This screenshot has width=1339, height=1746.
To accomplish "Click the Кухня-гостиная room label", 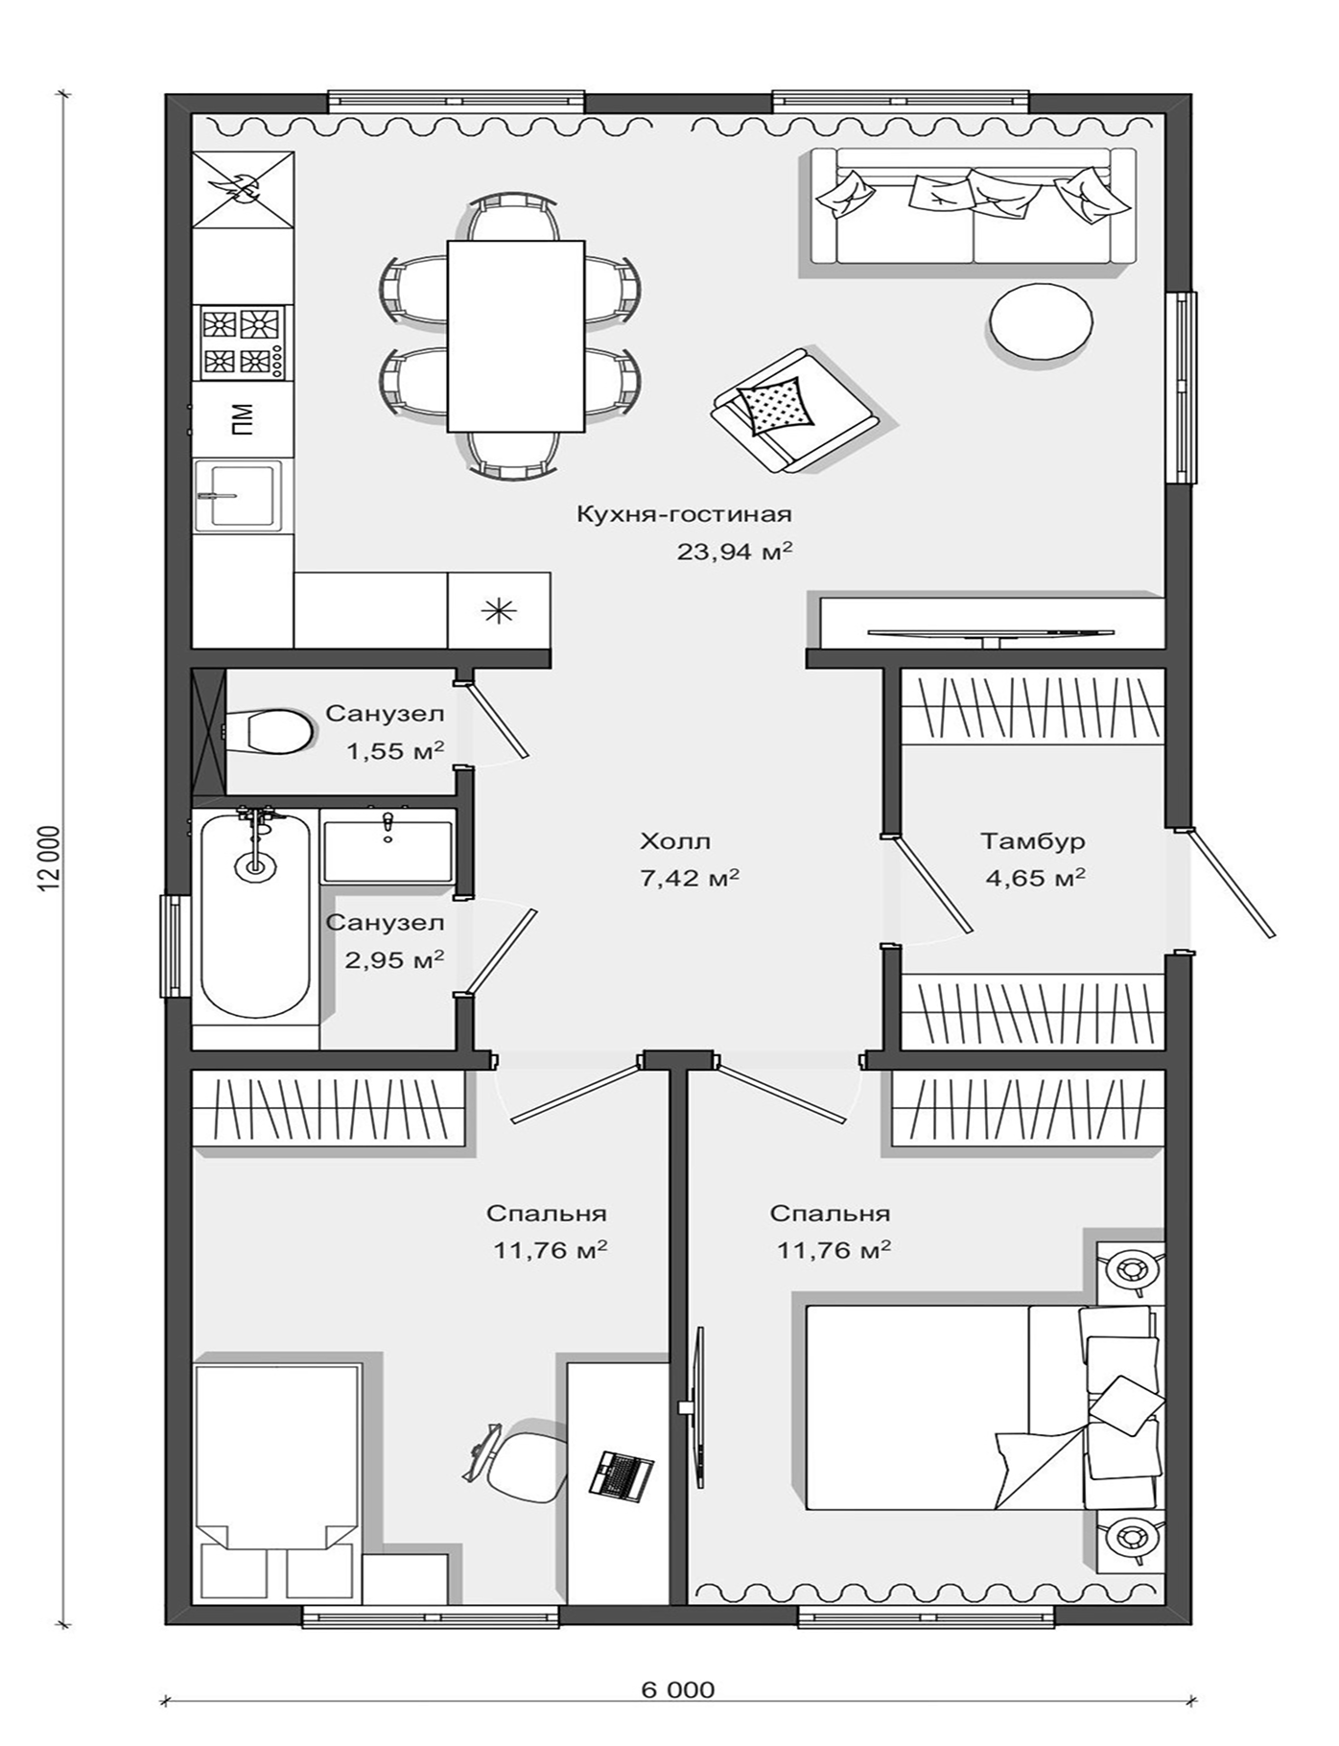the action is tap(684, 514).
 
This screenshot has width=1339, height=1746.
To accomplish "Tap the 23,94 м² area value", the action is tap(735, 552).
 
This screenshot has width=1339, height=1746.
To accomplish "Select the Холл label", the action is tap(676, 841).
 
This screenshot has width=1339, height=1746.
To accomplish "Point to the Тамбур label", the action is tap(1033, 841).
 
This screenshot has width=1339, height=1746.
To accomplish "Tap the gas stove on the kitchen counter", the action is tap(242, 342).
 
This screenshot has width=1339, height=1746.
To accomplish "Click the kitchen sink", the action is tap(239, 495).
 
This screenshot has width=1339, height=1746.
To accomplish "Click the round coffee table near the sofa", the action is tap(1042, 322).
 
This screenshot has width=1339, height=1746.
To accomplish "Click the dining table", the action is tap(516, 336).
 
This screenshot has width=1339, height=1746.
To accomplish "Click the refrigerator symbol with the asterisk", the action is tap(499, 610).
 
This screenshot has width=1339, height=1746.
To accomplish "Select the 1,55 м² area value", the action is tap(395, 750).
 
